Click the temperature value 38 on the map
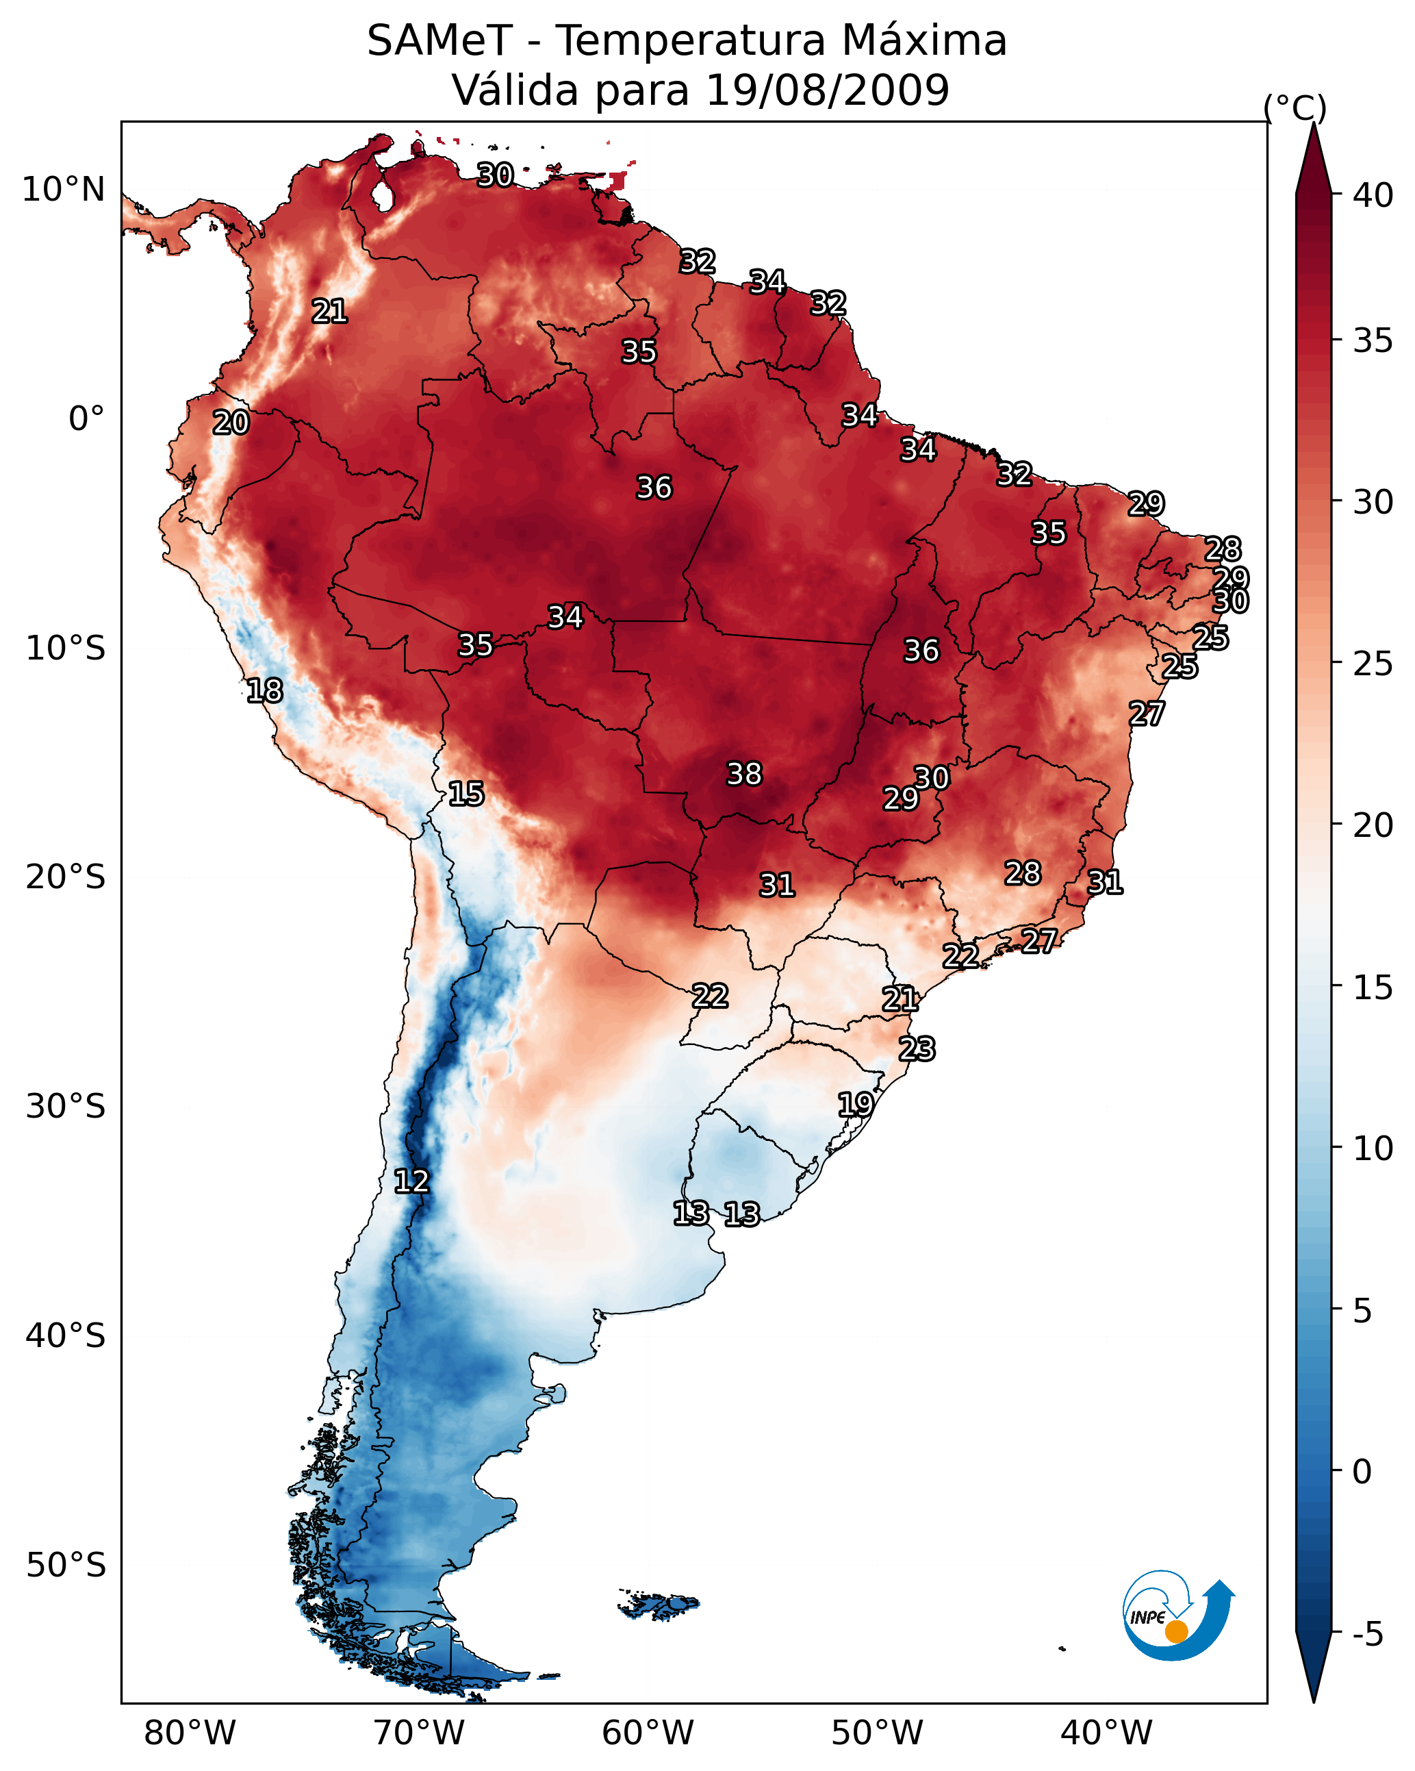(744, 774)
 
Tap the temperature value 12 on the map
(411, 1181)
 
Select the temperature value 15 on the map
(466, 794)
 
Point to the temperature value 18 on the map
(264, 691)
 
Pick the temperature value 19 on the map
(855, 1104)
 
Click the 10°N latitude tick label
(63, 190)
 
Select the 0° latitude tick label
(87, 419)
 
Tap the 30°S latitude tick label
(66, 1107)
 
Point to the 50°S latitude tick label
(66, 1565)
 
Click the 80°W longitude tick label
(190, 1733)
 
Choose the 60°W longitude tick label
(648, 1733)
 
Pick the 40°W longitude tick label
(1106, 1733)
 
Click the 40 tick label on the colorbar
(1373, 195)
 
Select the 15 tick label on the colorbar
(1373, 988)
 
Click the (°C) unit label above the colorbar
(1295, 108)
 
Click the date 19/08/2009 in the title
(828, 90)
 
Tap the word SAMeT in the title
(439, 41)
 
